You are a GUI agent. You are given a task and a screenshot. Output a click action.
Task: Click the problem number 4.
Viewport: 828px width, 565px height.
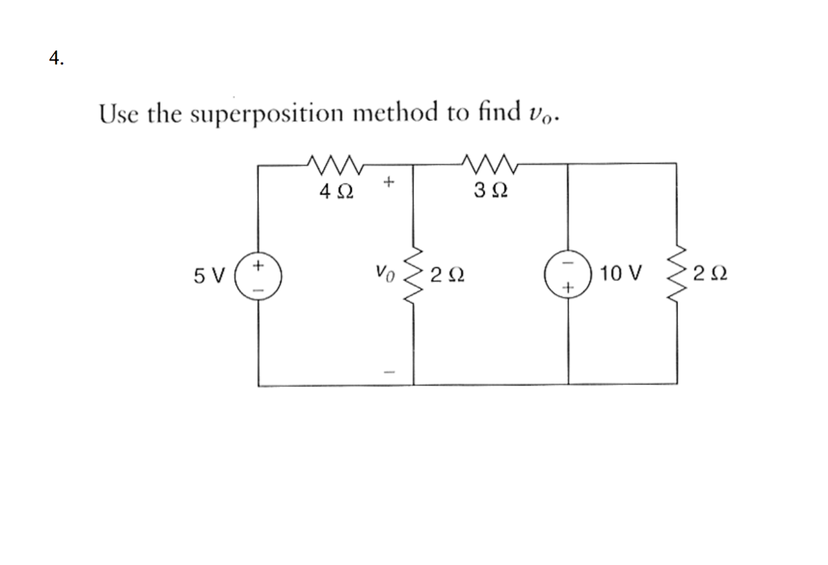click(56, 58)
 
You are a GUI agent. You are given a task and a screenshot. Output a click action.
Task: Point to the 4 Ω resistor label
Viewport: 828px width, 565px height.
click(336, 192)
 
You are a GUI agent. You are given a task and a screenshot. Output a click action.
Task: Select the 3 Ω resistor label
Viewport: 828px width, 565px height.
click(490, 190)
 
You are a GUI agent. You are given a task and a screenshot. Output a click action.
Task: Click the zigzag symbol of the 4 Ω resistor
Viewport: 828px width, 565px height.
click(334, 165)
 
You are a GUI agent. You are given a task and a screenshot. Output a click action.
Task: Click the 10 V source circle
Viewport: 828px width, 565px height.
click(568, 274)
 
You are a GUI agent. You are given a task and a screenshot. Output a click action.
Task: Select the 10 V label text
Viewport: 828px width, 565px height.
click(621, 274)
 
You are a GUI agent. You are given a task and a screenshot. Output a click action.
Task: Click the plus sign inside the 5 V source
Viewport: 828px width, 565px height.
click(258, 266)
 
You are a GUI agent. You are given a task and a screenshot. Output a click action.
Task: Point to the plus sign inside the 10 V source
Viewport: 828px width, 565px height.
click(569, 287)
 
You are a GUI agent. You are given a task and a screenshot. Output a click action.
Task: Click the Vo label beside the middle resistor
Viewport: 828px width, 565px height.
click(384, 273)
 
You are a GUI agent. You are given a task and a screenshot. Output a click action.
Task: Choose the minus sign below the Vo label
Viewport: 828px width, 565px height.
click(389, 371)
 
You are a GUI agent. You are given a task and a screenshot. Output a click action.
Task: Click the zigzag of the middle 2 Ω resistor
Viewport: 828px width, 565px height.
click(414, 274)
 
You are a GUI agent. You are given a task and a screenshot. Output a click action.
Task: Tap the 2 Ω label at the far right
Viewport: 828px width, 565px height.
click(710, 274)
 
